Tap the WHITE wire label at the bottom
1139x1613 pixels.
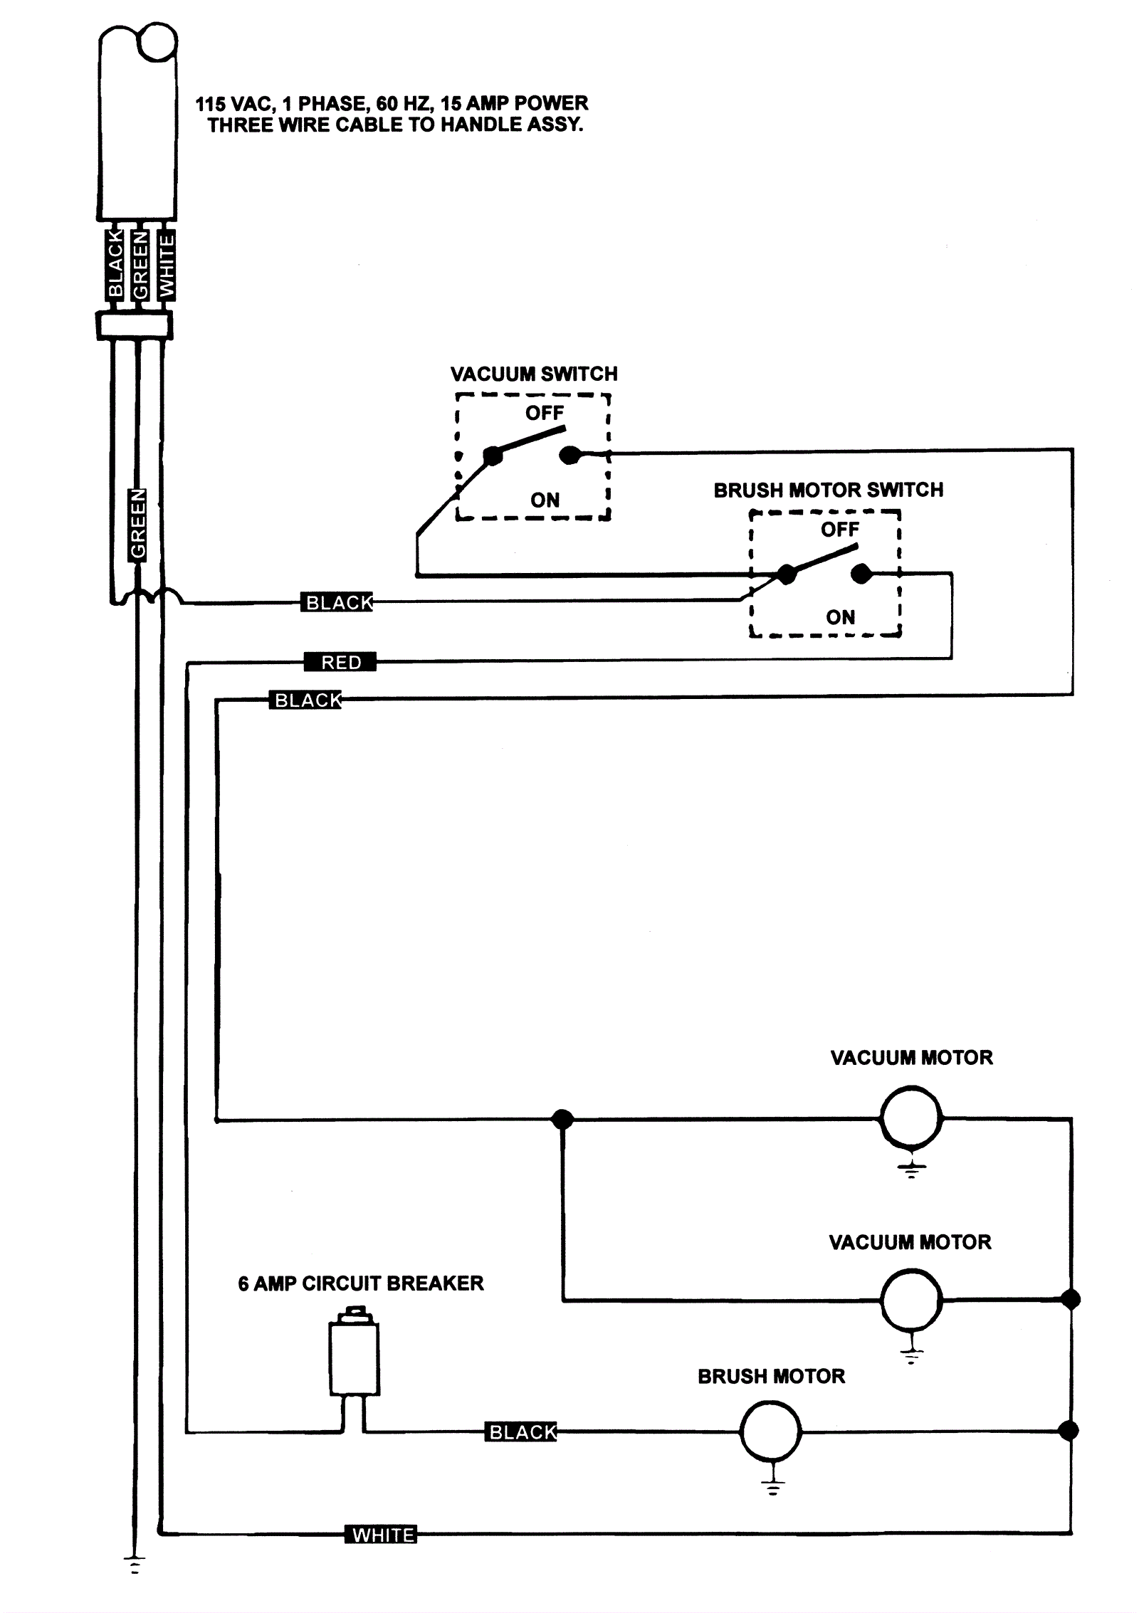coord(381,1535)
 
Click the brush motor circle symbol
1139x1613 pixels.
coord(770,1431)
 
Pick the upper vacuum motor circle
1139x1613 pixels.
coord(911,1118)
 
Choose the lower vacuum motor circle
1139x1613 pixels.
coord(911,1300)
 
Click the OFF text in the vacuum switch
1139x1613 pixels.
coord(545,413)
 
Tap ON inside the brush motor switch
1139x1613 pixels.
coord(840,617)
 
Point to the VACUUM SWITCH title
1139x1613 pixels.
coord(534,374)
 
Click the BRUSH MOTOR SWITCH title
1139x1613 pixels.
coord(829,490)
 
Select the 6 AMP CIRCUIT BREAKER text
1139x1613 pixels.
coord(361,1283)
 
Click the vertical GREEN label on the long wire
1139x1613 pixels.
coord(138,525)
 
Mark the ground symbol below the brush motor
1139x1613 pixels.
coord(773,1486)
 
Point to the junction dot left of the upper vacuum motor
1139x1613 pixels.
coord(562,1119)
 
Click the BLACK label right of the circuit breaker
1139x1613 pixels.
coord(522,1432)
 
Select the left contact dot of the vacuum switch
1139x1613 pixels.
coord(493,456)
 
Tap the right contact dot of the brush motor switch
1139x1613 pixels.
coord(861,573)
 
